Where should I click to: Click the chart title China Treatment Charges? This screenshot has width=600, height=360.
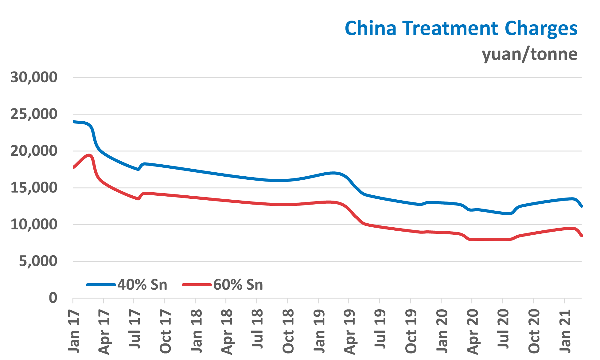461,28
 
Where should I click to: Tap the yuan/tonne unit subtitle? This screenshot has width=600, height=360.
529,54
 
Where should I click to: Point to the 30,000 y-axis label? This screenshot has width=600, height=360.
34,77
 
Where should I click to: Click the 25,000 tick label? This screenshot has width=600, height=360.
34,114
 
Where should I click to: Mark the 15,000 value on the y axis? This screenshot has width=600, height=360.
34,188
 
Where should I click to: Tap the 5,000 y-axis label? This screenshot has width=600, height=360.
38,261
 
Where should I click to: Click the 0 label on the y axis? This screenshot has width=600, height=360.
53,298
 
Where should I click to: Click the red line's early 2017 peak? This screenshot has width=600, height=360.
89,155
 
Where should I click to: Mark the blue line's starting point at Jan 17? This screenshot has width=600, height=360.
74,122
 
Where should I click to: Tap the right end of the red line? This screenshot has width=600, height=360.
581,236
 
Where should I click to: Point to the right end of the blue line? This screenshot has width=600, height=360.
581,206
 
